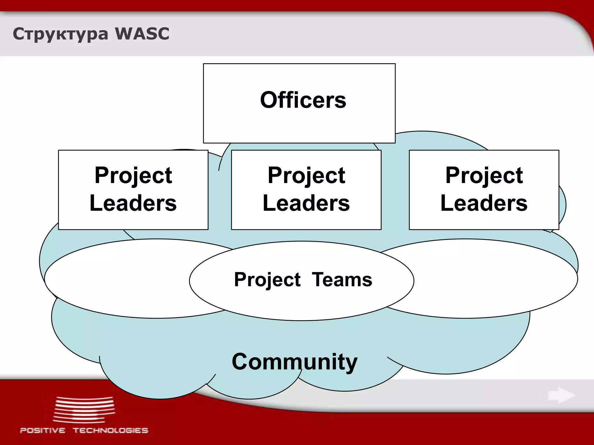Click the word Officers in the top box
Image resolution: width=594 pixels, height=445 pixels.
click(x=303, y=100)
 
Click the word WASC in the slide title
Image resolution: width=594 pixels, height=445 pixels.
click(x=142, y=34)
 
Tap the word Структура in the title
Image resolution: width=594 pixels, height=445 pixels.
click(x=60, y=34)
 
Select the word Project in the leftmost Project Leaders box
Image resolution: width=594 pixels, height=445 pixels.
click(x=133, y=176)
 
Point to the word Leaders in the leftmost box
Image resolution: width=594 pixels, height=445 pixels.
click(x=133, y=203)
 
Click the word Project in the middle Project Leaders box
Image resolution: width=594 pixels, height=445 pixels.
click(x=306, y=176)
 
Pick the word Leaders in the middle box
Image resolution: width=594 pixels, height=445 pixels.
click(x=306, y=203)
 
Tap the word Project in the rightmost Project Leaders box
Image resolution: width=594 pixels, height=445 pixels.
click(x=484, y=176)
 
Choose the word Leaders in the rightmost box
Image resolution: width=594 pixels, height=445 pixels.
click(x=484, y=203)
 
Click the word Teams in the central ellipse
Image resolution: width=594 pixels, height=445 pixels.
click(x=342, y=280)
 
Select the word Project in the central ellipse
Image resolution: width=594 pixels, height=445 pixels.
click(x=267, y=280)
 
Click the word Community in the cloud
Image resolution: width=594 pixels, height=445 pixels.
click(x=294, y=362)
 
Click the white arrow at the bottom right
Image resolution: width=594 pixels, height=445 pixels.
click(x=561, y=395)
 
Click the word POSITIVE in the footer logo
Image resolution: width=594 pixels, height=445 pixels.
click(x=43, y=431)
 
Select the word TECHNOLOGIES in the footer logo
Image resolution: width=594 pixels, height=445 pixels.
click(x=110, y=431)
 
